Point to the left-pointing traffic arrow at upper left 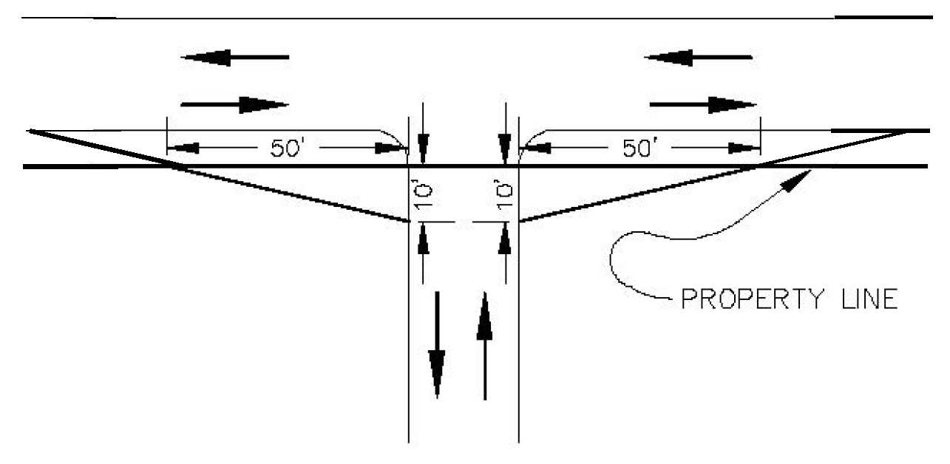coord(235,57)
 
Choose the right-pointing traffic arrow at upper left coord(235,104)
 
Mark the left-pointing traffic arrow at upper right coord(699,57)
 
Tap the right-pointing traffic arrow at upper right coord(702,104)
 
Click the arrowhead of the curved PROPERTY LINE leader coord(796,180)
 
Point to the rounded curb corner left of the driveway coord(396,138)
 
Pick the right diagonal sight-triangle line coord(636,194)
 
